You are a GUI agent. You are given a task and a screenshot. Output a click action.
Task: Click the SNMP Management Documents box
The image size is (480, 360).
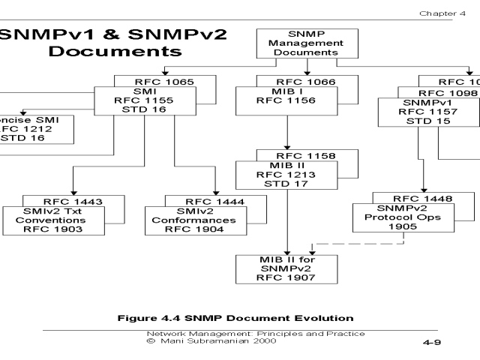[294, 43]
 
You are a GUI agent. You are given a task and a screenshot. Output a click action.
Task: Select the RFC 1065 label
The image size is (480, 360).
[153, 81]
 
